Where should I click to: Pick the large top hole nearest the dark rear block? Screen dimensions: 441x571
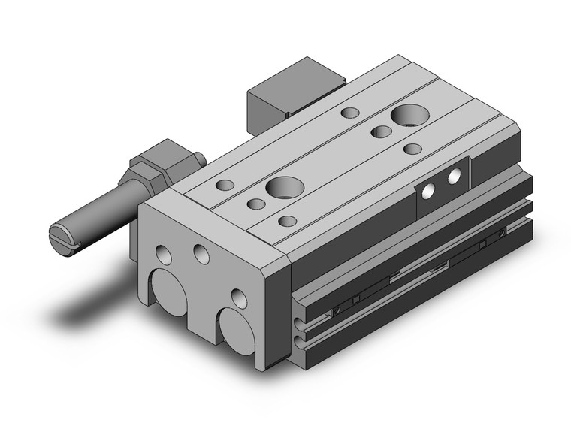tap(409, 115)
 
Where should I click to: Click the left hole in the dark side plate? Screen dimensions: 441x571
tap(428, 192)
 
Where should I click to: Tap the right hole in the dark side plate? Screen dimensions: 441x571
tap(454, 177)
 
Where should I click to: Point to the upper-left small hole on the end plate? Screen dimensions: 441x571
tap(164, 255)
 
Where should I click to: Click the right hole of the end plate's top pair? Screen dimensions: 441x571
tap(201, 253)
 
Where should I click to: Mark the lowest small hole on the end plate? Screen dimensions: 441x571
tap(239, 298)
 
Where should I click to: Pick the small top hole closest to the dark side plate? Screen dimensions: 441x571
tap(412, 149)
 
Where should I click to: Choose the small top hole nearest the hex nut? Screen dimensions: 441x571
tap(224, 184)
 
